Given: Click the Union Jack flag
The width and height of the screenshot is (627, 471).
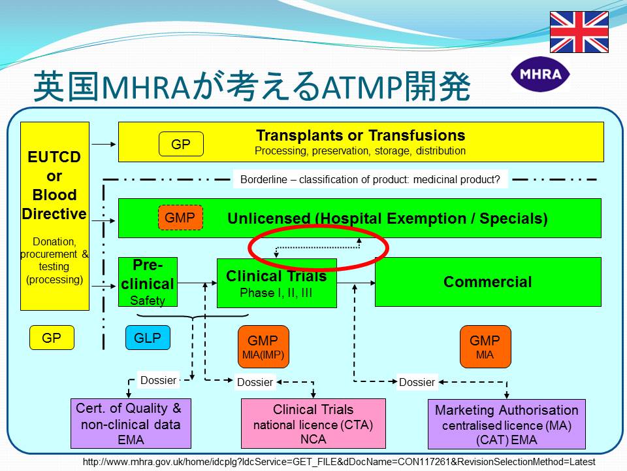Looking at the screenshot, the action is coord(579,32).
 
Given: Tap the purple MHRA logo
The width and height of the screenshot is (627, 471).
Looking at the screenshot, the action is coord(540,74).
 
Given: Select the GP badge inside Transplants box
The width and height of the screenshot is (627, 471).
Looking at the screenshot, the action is coord(181,144).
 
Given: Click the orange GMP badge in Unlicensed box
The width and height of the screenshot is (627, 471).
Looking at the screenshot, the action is coord(180,217).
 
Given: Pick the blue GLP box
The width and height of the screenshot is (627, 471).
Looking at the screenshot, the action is coord(148,338).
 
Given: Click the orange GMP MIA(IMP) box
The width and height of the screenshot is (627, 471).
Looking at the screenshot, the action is coord(263,347).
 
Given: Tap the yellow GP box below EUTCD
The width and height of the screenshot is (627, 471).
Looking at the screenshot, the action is coord(52,338).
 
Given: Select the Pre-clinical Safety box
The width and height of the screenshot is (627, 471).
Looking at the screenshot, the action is coord(148,282).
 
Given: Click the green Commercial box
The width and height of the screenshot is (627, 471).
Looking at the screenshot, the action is coord(488,282).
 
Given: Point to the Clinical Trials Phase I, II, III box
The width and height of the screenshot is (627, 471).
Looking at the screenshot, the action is coord(277,283).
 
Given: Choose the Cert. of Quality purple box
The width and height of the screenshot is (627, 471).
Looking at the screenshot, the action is coord(131,423).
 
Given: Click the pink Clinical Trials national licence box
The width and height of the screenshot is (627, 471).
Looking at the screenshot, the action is coord(313,423).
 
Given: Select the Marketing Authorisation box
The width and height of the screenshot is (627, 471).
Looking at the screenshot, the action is coord(507,424).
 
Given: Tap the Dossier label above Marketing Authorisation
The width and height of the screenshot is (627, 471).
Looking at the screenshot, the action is coord(417,382).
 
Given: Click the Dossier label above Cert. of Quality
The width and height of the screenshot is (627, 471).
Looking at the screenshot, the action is coord(158,380).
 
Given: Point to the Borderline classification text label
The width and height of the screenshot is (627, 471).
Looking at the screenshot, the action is coord(370,179).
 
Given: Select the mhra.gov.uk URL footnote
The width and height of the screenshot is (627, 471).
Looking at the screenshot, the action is coord(339,462).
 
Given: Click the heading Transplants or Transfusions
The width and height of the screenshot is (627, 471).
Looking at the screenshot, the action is coord(361,135).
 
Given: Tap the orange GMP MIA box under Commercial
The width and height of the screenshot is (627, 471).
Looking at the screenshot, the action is coord(485,347).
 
